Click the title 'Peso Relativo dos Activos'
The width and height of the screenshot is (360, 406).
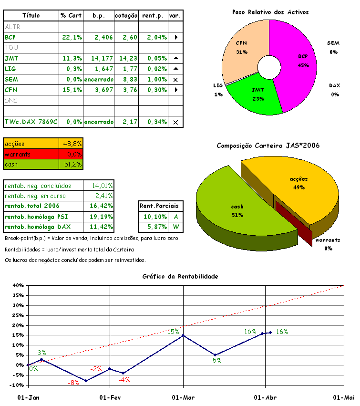(270, 12)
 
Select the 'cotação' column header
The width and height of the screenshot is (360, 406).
(126, 15)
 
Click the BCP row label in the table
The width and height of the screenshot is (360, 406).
(10, 37)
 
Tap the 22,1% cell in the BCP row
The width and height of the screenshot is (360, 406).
(71, 37)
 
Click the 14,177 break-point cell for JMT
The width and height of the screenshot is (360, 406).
(99, 58)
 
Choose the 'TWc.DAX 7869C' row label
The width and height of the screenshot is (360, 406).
(31, 122)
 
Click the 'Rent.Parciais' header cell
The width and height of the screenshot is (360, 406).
(159, 206)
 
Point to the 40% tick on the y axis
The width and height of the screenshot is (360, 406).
(18, 285)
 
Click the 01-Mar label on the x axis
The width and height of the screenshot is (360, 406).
(183, 397)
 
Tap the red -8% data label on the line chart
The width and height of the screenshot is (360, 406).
(74, 383)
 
